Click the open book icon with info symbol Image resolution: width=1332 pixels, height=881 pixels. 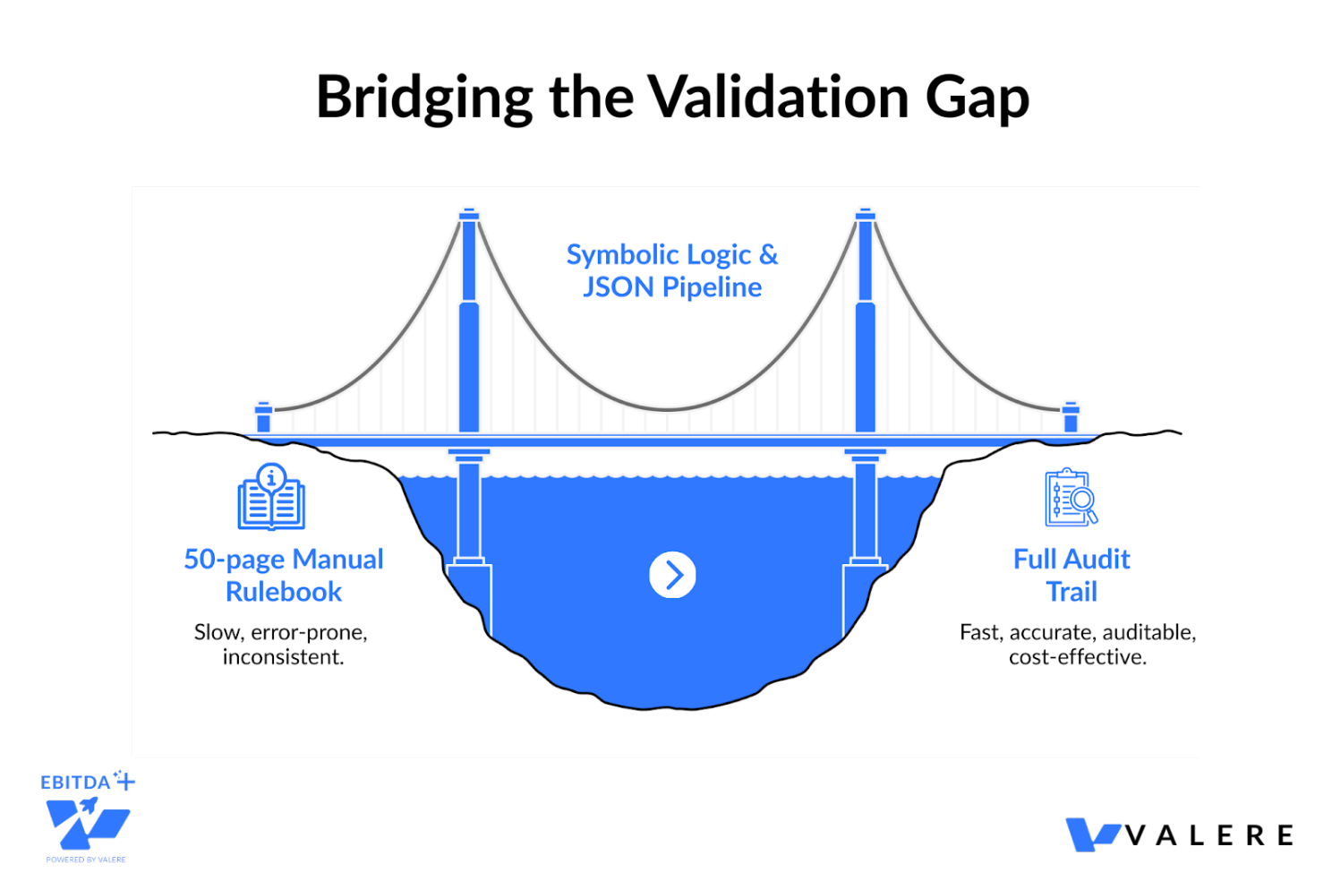point(271,497)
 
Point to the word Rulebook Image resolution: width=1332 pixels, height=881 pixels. point(284,592)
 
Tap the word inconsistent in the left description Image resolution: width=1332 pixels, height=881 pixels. point(283,657)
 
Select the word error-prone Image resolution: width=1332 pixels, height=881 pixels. point(309,632)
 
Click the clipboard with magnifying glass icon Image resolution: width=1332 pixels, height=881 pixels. point(1071,497)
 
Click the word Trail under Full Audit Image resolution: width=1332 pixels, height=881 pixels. point(1072,592)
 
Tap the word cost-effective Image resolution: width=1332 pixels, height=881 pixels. point(1078,657)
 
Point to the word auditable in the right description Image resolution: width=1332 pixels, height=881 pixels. point(1148,632)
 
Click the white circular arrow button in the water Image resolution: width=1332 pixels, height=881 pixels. point(672,575)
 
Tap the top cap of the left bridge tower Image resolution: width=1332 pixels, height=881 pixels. point(469,214)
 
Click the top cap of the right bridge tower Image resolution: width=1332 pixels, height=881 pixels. point(865,214)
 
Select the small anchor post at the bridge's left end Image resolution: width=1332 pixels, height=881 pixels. point(263,416)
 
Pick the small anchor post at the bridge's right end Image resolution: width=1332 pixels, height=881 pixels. point(1071,416)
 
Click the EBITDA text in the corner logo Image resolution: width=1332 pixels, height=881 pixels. point(76,783)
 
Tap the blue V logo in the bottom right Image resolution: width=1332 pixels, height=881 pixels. point(1093,834)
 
